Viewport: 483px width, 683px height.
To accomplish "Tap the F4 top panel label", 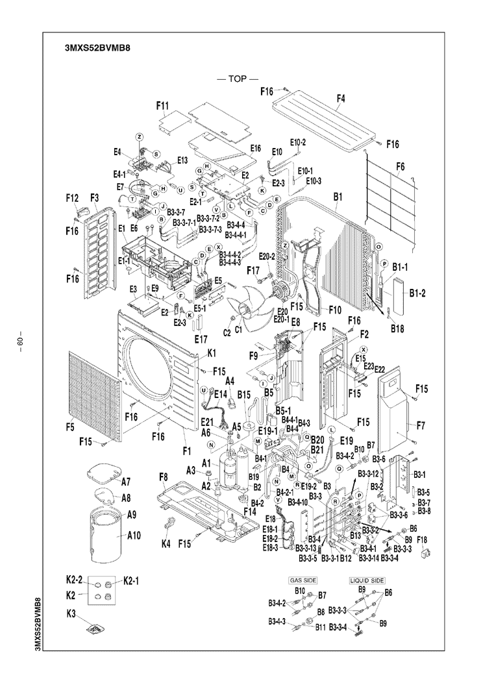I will pyautogui.click(x=340, y=99).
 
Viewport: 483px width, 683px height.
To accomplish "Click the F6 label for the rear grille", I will pyautogui.click(x=400, y=167).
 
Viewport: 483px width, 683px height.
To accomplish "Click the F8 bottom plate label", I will pyautogui.click(x=164, y=478).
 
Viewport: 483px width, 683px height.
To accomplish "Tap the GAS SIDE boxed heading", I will pyautogui.click(x=296, y=580).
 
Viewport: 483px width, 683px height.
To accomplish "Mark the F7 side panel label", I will pyautogui.click(x=421, y=426).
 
